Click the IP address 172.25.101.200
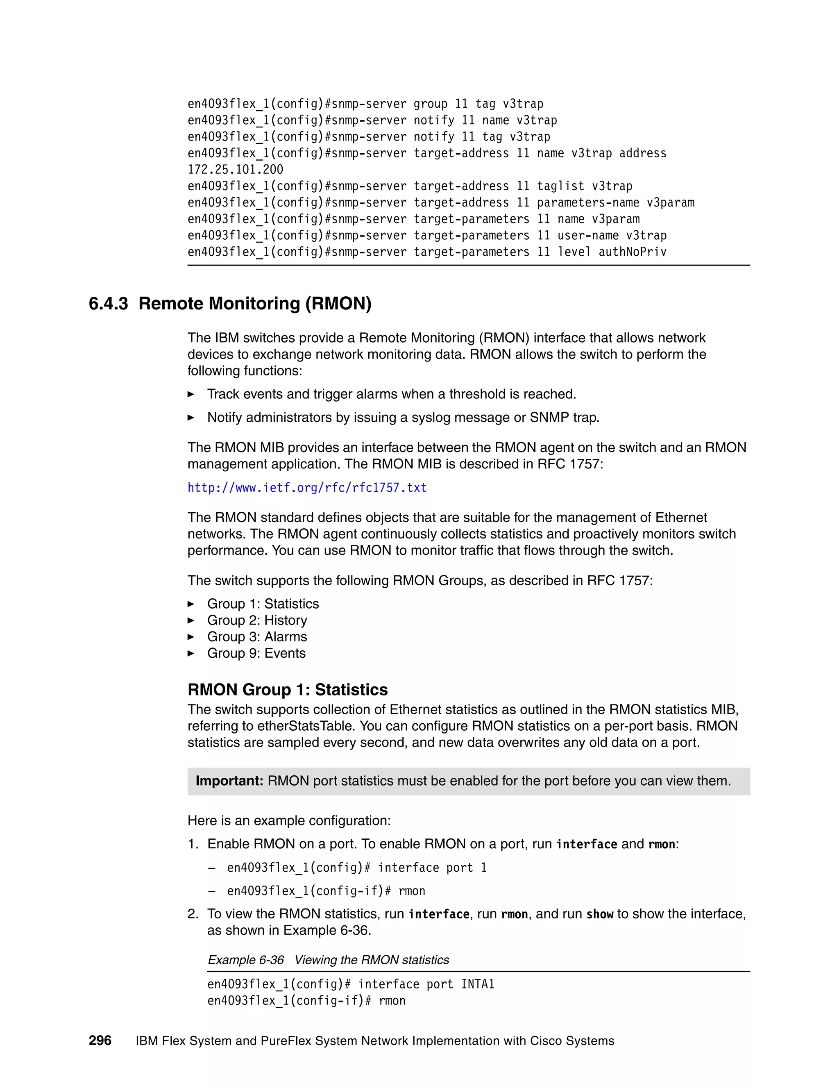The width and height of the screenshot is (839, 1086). click(235, 170)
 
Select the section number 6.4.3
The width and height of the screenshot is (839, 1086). click(108, 303)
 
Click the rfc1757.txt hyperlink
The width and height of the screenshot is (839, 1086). click(307, 488)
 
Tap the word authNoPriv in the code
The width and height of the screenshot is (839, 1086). click(632, 252)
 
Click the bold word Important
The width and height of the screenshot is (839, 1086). click(229, 781)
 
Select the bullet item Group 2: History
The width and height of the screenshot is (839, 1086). click(257, 620)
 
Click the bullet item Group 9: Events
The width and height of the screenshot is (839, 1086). click(256, 653)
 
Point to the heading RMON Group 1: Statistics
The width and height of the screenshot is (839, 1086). click(287, 690)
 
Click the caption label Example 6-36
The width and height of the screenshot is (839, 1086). click(245, 960)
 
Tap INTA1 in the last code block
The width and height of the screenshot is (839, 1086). click(478, 984)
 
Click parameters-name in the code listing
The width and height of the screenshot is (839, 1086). click(588, 202)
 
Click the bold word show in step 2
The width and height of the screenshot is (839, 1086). click(599, 914)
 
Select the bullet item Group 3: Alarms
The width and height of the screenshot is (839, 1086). click(257, 636)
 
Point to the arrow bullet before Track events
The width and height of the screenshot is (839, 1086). click(191, 394)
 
